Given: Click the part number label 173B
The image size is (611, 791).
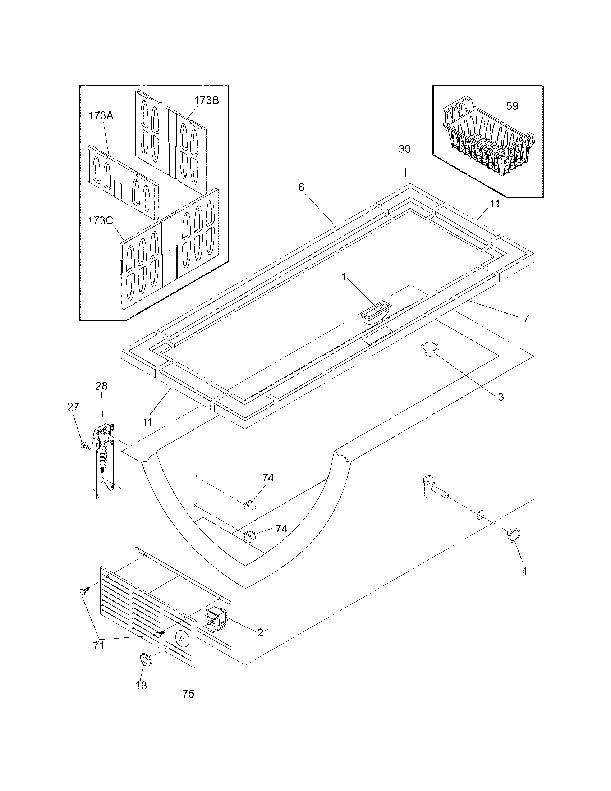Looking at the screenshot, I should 207,100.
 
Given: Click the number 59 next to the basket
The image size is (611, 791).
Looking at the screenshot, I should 512,106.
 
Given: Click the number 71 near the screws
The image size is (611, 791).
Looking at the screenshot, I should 99,645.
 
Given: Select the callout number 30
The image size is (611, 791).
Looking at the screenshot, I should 405,149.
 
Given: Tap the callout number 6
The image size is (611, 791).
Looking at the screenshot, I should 301,187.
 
